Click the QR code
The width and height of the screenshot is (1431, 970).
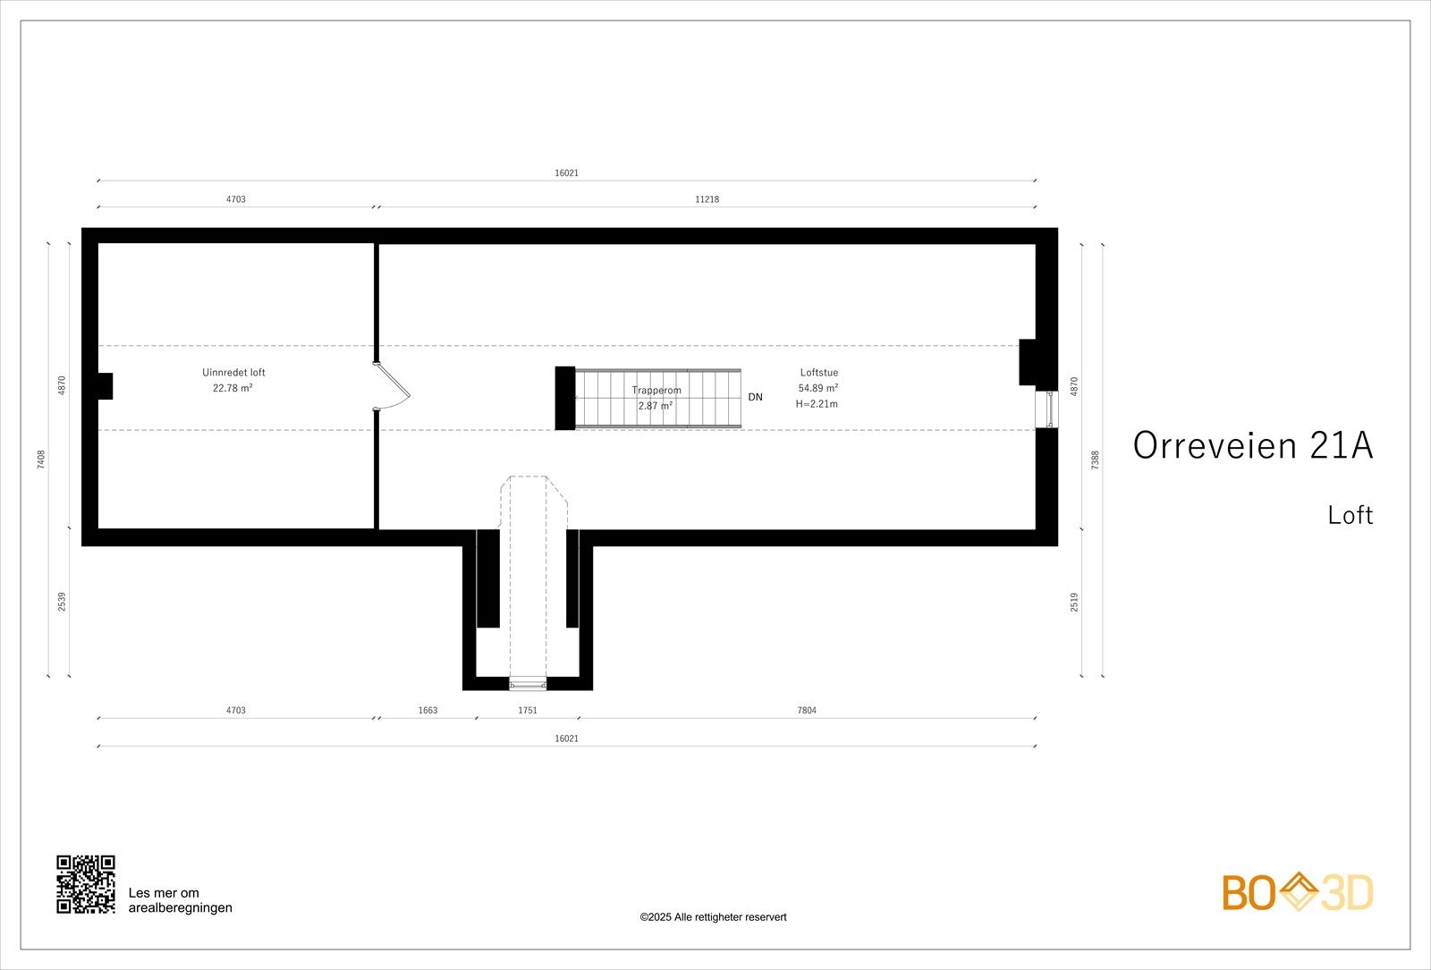pos(86,884)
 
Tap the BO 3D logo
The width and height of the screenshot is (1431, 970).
pos(1298,893)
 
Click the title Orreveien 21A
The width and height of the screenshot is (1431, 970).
pos(1252,445)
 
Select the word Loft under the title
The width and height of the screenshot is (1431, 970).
pos(1350,515)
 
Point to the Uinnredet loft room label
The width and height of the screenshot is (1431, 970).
pos(233,373)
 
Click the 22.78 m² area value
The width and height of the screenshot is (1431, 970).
pos(233,388)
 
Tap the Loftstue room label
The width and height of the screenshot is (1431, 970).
pos(818,373)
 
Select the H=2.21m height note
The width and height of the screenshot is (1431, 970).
pos(817,404)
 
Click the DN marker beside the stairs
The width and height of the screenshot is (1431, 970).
pos(756,397)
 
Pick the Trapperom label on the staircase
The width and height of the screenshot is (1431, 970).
pos(656,391)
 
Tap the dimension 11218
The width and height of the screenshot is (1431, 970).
pos(707,199)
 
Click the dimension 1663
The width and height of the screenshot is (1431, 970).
pos(428,711)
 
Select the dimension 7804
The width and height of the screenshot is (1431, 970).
pos(807,711)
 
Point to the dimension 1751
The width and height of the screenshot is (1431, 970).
pos(528,711)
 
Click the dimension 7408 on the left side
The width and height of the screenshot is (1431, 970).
pos(41,459)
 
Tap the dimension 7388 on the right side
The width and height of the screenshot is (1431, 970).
pos(1096,459)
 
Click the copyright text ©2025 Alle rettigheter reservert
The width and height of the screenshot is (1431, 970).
pos(713,917)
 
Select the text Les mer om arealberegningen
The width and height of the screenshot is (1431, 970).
pos(180,900)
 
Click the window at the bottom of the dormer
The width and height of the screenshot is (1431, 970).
pos(527,684)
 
